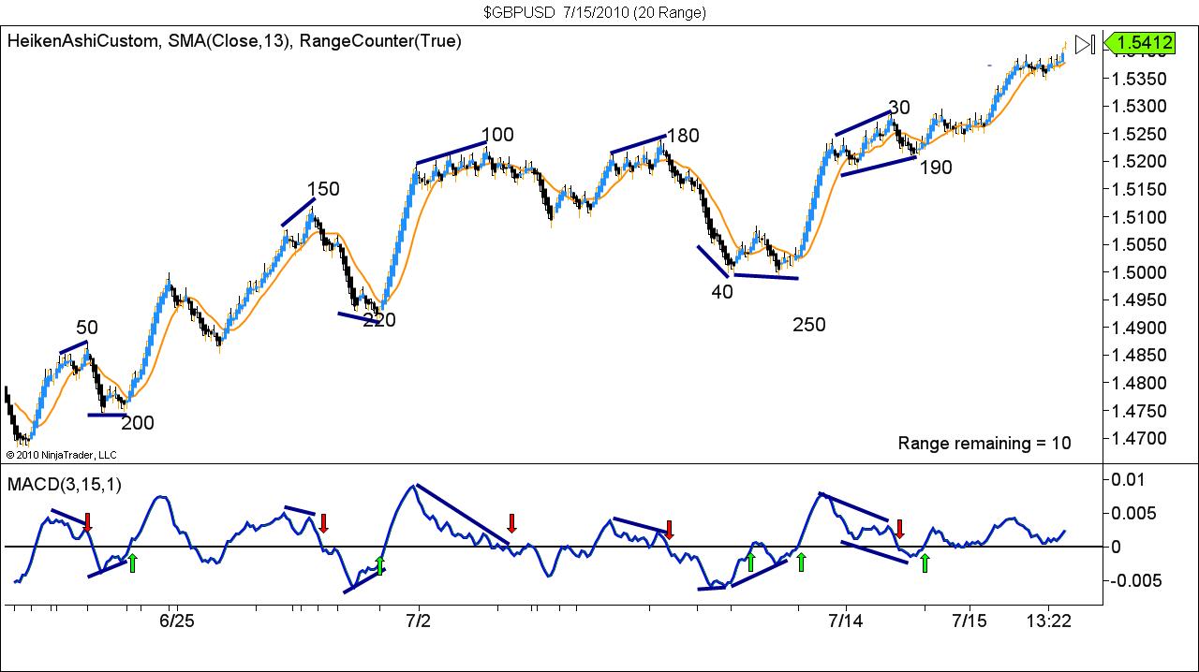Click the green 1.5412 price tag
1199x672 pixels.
click(1139, 42)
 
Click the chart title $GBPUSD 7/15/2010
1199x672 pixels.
click(595, 12)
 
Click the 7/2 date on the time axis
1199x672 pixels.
click(418, 621)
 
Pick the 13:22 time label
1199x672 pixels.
click(1049, 621)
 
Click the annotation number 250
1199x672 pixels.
click(809, 325)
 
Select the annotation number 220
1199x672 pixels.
click(379, 320)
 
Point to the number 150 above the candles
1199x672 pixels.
click(323, 189)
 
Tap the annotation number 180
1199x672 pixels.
click(683, 136)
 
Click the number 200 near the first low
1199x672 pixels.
click(138, 423)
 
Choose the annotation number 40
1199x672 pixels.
click(722, 291)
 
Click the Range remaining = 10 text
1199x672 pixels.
click(984, 443)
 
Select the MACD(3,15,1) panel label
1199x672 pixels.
click(65, 484)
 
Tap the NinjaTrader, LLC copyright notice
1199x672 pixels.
click(61, 455)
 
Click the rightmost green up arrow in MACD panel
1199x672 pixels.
click(925, 562)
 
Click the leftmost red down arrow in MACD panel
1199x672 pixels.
click(87, 522)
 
